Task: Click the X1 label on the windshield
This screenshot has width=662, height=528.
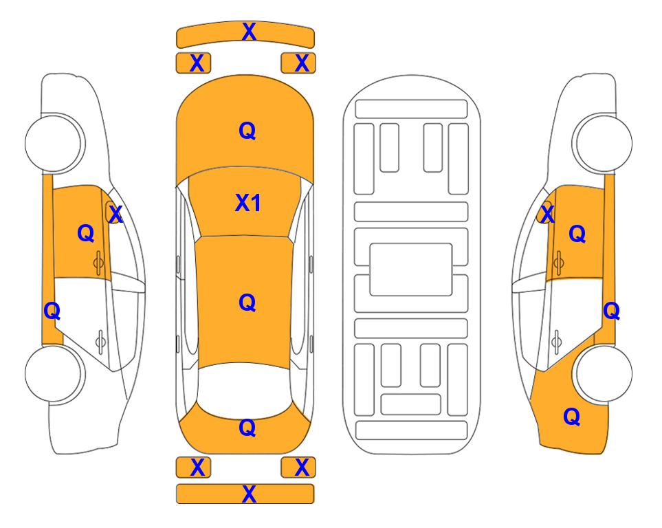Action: (248, 203)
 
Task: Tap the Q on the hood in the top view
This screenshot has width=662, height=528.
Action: (247, 131)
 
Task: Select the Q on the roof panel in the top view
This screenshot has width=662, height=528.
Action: (247, 302)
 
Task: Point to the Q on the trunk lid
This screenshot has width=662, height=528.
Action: (247, 428)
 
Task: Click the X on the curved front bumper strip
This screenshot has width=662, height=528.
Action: (249, 32)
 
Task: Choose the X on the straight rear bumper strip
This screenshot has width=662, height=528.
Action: (249, 494)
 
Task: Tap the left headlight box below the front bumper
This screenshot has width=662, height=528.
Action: (193, 63)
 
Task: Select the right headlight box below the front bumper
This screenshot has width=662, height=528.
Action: (298, 63)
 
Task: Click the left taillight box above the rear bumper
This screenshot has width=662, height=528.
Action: (193, 467)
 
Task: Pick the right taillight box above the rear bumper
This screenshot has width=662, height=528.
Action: (298, 467)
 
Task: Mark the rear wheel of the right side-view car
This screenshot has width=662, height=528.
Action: (604, 373)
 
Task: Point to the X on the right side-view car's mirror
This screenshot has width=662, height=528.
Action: (547, 214)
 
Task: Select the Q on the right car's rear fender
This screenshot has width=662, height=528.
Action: (572, 417)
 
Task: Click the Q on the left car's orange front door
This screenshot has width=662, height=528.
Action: (86, 233)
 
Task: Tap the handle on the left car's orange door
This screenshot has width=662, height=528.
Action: (99, 263)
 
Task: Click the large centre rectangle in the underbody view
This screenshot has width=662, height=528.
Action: (411, 269)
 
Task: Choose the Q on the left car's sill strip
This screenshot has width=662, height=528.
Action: (52, 311)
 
